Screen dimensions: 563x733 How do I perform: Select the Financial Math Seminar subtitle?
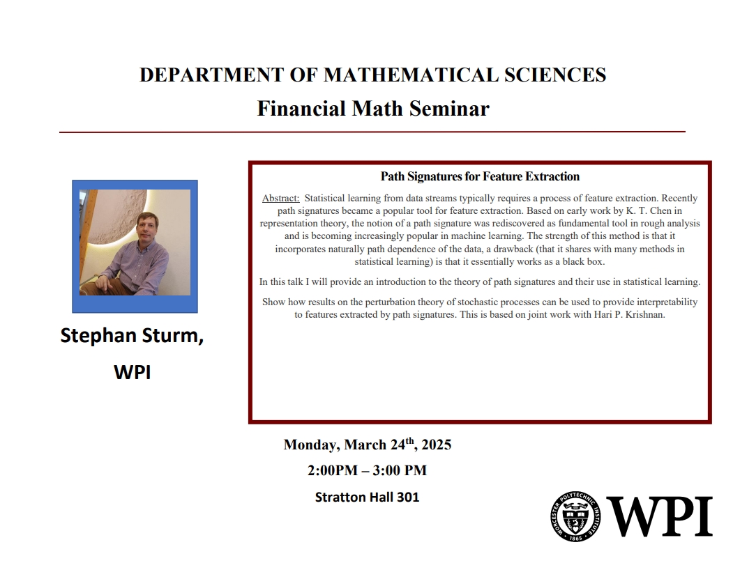pyautogui.click(x=372, y=109)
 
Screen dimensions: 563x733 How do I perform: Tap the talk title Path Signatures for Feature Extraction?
pyautogui.click(x=480, y=176)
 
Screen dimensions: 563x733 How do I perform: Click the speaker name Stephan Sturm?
pyautogui.click(x=132, y=337)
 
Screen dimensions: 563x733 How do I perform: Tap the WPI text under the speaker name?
pyautogui.click(x=132, y=373)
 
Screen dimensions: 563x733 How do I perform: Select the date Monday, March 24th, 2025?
pyautogui.click(x=367, y=445)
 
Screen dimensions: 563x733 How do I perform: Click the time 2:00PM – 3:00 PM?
pyautogui.click(x=367, y=470)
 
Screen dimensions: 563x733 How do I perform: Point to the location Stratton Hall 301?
pyautogui.click(x=367, y=498)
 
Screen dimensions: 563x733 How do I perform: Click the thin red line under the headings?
pyautogui.click(x=372, y=131)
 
